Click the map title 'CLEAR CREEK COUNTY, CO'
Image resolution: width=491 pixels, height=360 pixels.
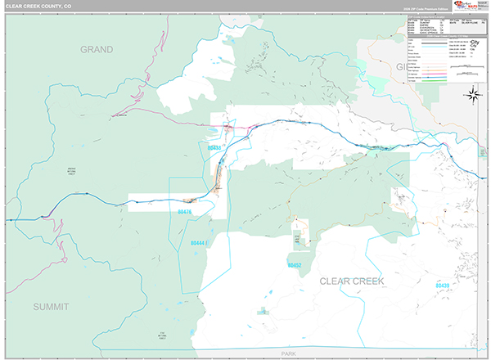(40, 6)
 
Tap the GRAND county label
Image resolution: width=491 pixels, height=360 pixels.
(97, 49)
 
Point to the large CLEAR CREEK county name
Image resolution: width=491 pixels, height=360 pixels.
(351, 281)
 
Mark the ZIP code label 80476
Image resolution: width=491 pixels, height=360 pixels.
(183, 213)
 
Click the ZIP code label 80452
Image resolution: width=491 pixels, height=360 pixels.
(295, 266)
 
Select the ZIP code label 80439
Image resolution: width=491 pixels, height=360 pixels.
(442, 285)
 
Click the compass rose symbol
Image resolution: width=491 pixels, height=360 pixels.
(472, 95)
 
